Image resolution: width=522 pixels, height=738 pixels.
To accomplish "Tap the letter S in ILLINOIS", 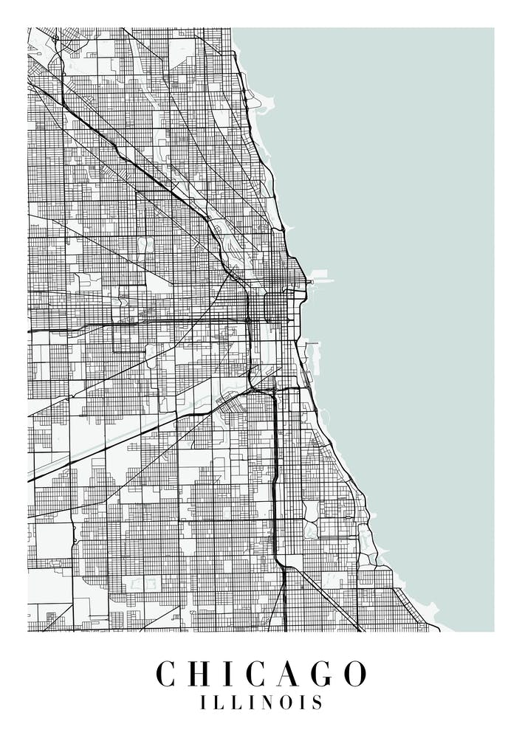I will click(317, 702).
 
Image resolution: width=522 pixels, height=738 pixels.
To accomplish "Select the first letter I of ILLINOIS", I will click(204, 702).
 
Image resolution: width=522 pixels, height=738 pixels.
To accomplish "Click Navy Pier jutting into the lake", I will click(321, 280).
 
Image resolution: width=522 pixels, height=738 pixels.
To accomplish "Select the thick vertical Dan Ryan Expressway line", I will click(275, 472).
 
